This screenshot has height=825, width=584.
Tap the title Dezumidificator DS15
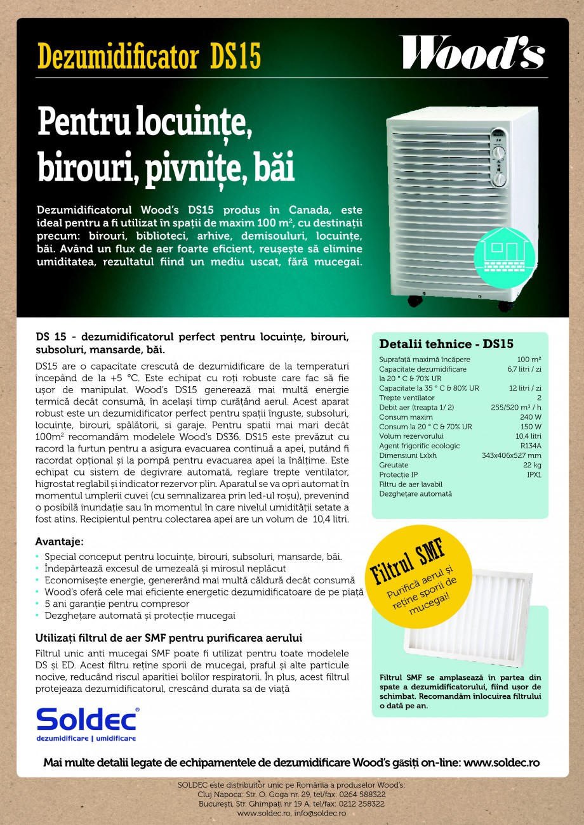click(149, 56)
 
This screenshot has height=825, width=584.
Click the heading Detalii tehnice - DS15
click(446, 344)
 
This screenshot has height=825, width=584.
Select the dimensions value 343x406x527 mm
click(511, 455)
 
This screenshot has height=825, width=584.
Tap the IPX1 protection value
click(533, 474)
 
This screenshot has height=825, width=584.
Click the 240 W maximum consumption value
click(530, 417)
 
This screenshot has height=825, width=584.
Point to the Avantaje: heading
click(59, 542)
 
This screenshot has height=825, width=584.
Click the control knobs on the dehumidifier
click(500, 159)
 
